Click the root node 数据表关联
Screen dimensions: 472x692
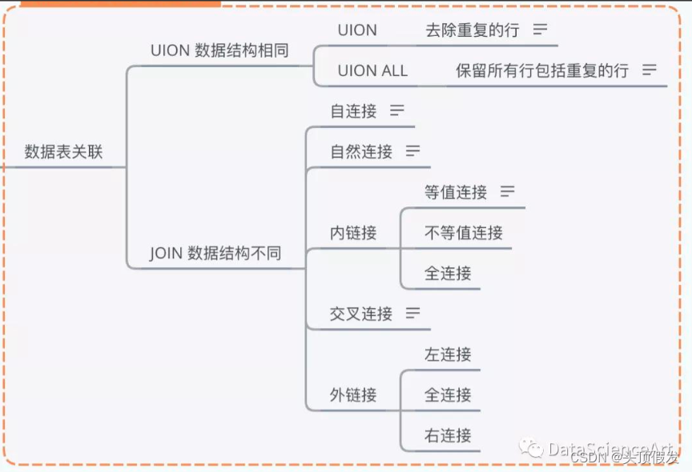coord(63,152)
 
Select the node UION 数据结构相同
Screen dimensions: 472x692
coord(219,50)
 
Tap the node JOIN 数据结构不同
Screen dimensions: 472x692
coord(215,254)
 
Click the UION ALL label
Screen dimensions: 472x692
coord(372,70)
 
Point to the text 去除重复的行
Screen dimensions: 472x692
coord(473,30)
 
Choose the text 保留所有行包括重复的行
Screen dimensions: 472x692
coord(542,70)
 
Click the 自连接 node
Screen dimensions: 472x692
coord(353,111)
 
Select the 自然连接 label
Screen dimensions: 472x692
coord(361,151)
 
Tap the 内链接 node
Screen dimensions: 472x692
coord(353,233)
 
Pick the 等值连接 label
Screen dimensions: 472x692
coord(456,192)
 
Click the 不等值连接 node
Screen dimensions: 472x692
coord(464,233)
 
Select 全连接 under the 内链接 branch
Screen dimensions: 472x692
coord(448,274)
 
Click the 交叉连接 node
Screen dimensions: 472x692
coord(361,314)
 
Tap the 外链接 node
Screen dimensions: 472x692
coord(353,395)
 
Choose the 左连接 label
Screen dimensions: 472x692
coord(448,354)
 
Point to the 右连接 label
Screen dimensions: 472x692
coord(448,436)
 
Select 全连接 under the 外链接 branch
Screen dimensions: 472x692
coord(448,395)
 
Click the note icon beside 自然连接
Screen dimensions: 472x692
coord(413,150)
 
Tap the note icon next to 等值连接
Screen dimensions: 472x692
coord(508,191)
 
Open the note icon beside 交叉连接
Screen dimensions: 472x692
coord(413,313)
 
